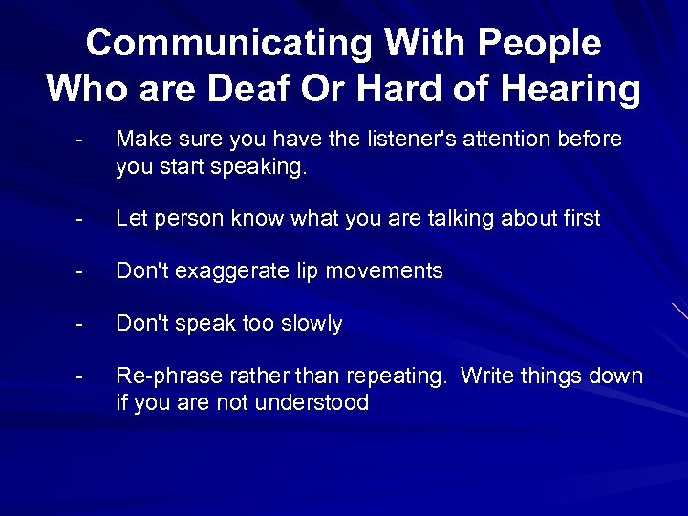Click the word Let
click(x=130, y=219)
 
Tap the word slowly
click(x=310, y=324)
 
